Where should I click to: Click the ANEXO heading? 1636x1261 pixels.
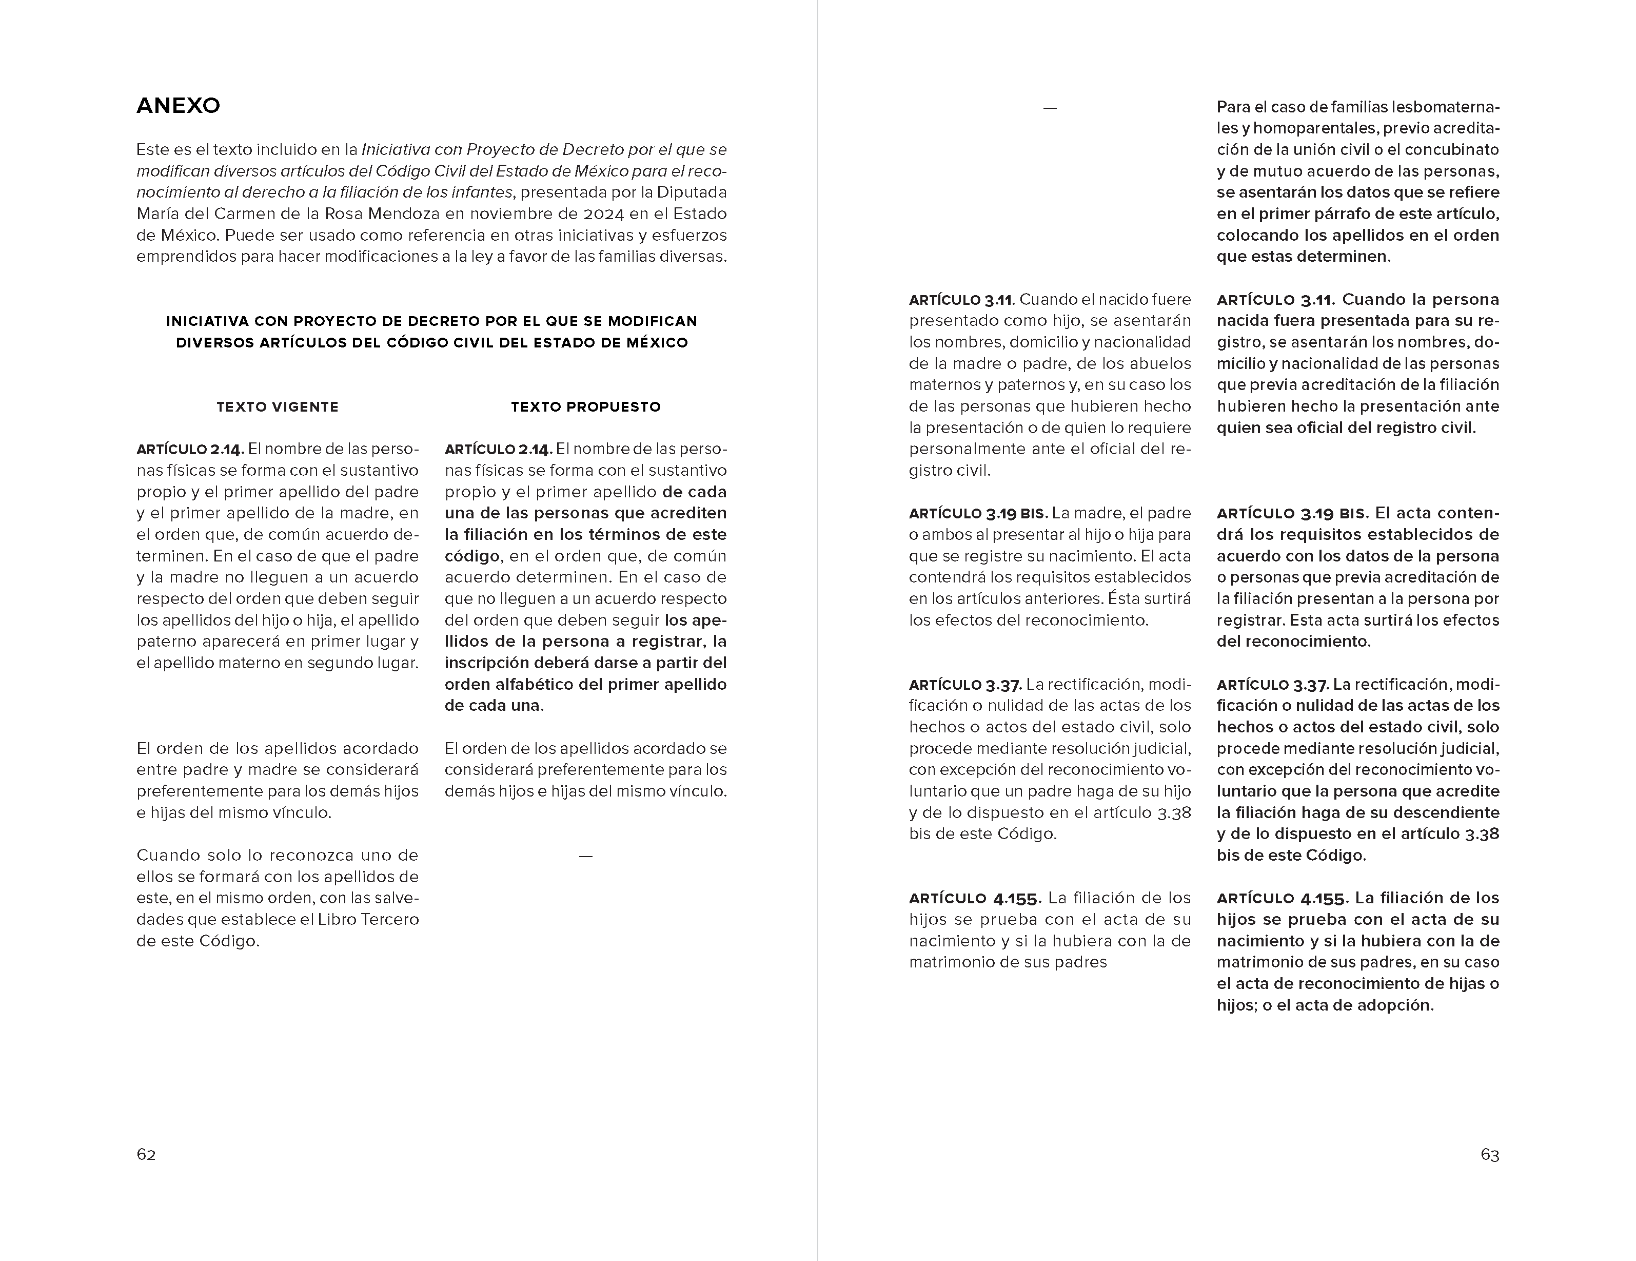[179, 106]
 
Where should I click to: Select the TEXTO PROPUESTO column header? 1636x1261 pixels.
[586, 407]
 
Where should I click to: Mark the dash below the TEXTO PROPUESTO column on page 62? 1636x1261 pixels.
[586, 856]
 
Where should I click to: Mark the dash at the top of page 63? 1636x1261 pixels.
[1050, 108]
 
